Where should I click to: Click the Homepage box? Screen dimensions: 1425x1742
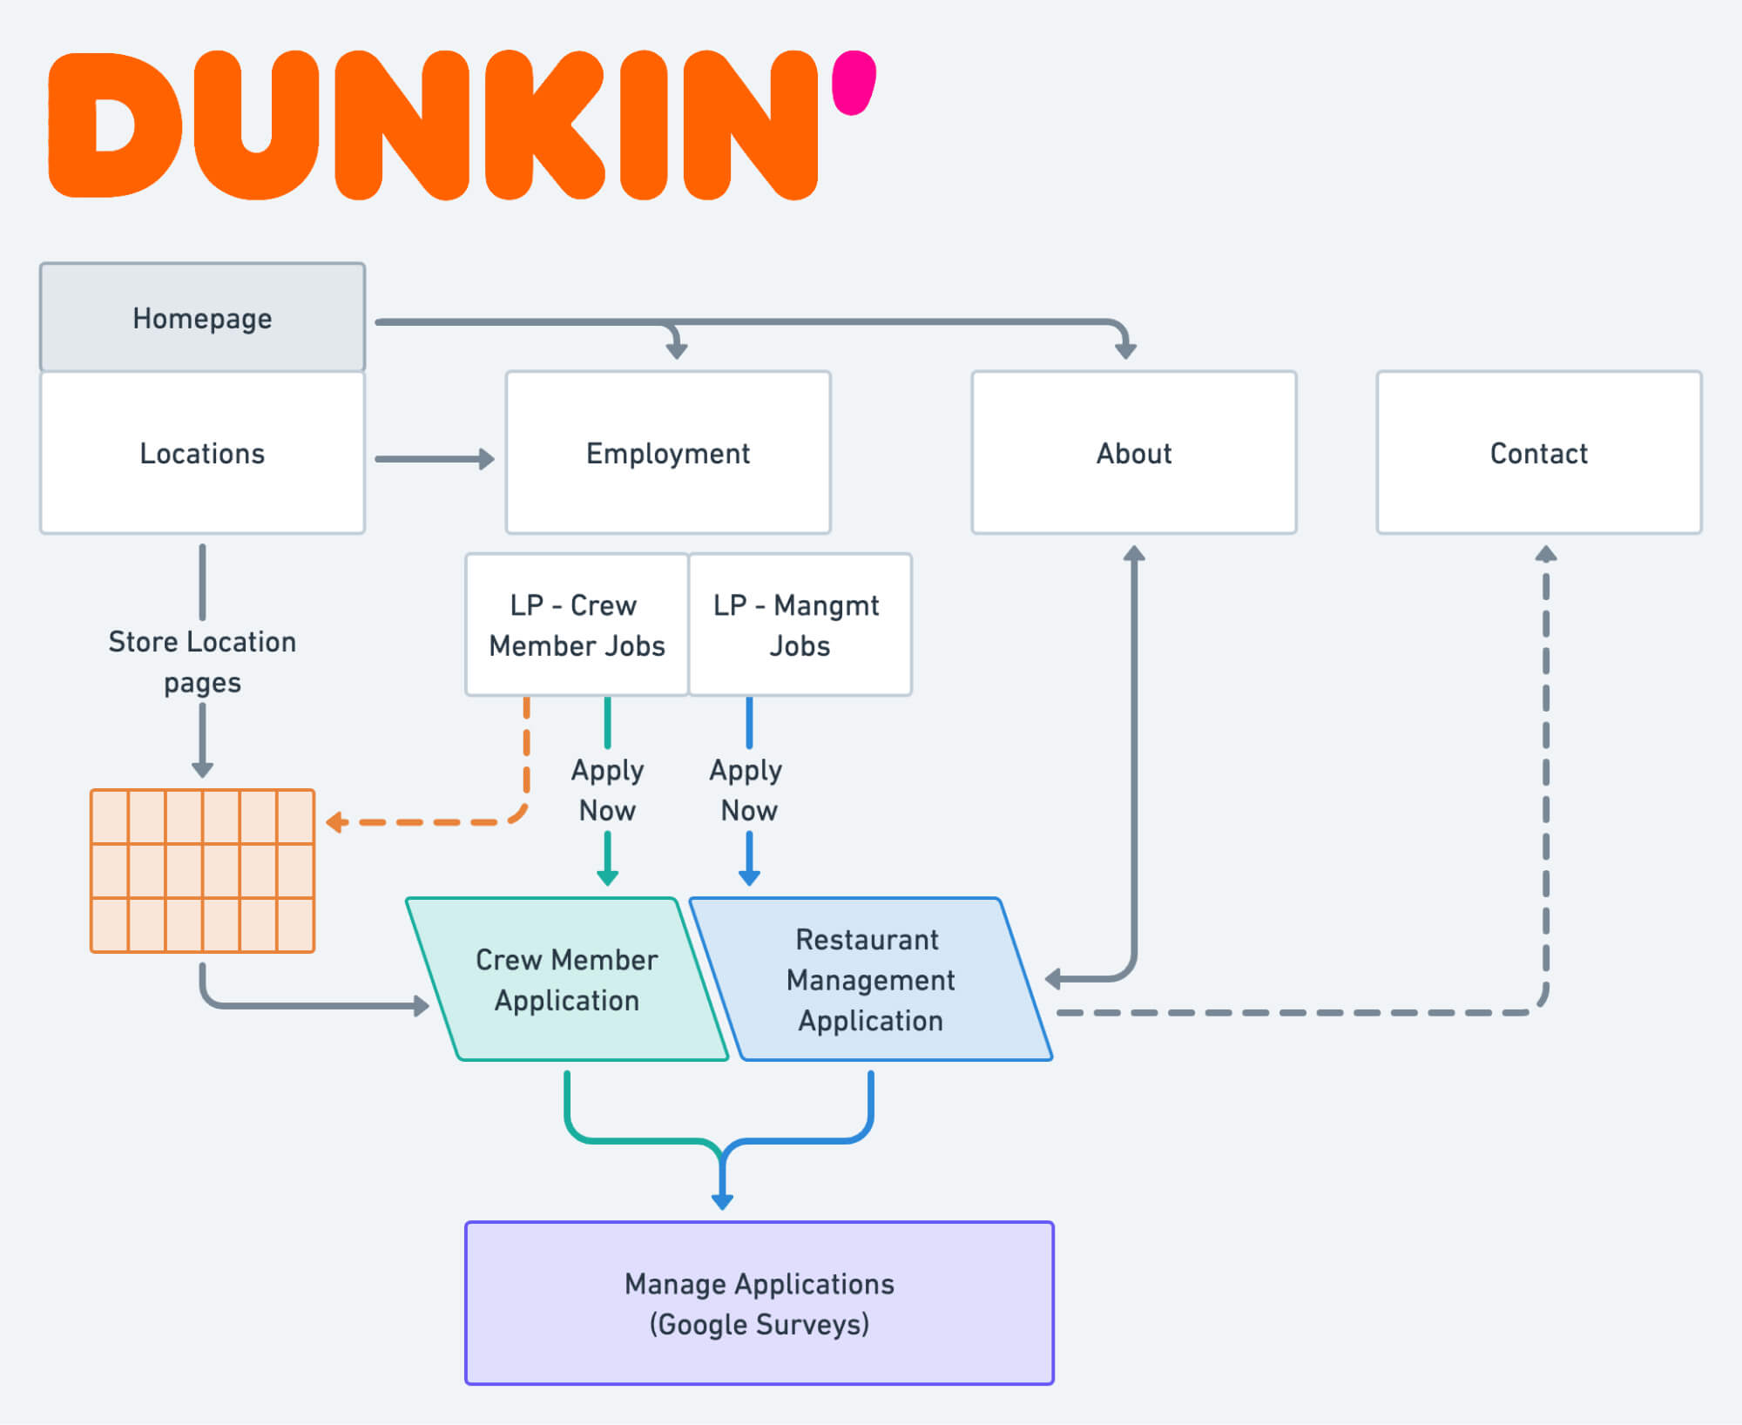pos(202,318)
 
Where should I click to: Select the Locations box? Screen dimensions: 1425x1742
pos(202,453)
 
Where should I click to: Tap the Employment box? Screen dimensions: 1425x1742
pos(668,453)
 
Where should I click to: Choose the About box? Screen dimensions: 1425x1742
pos(1133,453)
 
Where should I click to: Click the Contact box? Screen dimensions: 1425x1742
pos(1538,453)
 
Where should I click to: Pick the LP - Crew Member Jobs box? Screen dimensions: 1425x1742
pos(577,625)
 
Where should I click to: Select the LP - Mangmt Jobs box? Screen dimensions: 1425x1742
pos(800,625)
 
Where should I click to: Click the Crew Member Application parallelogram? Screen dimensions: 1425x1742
pos(566,980)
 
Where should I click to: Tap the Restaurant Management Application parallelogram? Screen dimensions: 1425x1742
pos(870,980)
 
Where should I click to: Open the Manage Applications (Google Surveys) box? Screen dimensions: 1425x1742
pos(759,1303)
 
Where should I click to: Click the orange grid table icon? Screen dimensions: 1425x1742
pos(202,871)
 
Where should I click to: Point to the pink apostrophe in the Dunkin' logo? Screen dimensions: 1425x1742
pos(853,83)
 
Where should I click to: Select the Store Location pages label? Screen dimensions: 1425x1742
pos(202,662)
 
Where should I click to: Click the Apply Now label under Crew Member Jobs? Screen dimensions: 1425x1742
pos(607,790)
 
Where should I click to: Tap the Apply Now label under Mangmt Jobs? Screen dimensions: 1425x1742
pos(747,790)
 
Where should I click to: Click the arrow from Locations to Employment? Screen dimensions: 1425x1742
pos(435,459)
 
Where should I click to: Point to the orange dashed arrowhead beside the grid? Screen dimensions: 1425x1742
pos(335,822)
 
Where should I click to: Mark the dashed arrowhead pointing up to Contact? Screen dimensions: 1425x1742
pos(1545,555)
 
